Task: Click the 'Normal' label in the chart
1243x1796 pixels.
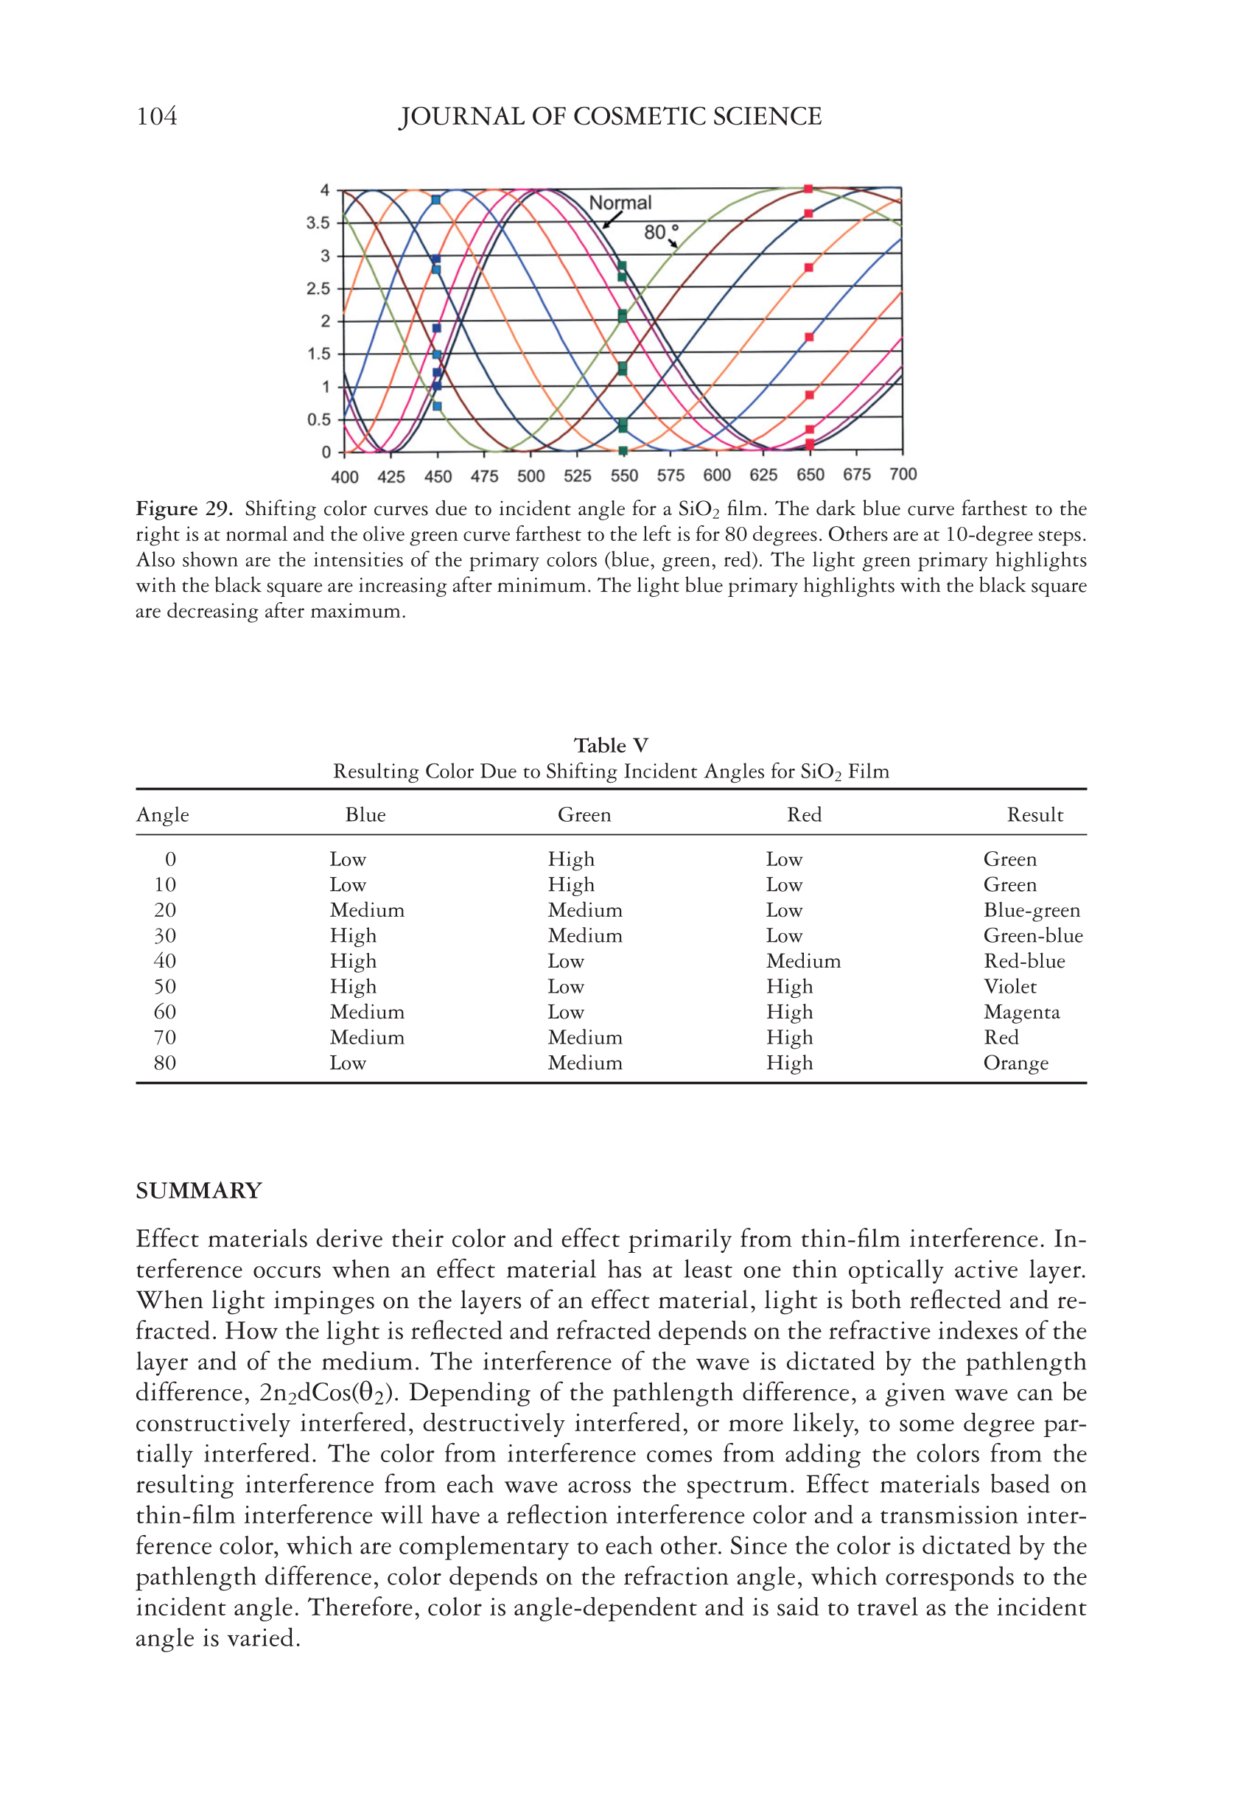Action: (620, 203)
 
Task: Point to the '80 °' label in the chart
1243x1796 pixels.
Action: (660, 232)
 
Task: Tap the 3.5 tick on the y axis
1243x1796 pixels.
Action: (318, 223)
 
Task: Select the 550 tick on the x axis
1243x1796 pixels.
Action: (624, 476)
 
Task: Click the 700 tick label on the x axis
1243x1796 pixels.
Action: (903, 475)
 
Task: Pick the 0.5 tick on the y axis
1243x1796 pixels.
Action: (318, 420)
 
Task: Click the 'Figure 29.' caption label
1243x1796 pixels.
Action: (183, 509)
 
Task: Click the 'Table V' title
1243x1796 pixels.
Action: (611, 745)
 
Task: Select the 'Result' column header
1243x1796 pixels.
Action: (1034, 814)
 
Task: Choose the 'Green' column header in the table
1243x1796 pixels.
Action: (584, 814)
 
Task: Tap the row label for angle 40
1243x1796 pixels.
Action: (165, 961)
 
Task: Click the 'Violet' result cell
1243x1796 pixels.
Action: (1009, 987)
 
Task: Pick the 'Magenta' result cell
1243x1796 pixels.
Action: (1021, 1013)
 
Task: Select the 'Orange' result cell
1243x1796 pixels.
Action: (1015, 1063)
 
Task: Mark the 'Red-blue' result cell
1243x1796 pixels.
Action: (1023, 961)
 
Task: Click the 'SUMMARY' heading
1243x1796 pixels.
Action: (199, 1191)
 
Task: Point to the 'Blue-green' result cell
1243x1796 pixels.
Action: (1031, 910)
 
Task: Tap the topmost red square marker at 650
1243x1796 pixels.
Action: (808, 189)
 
